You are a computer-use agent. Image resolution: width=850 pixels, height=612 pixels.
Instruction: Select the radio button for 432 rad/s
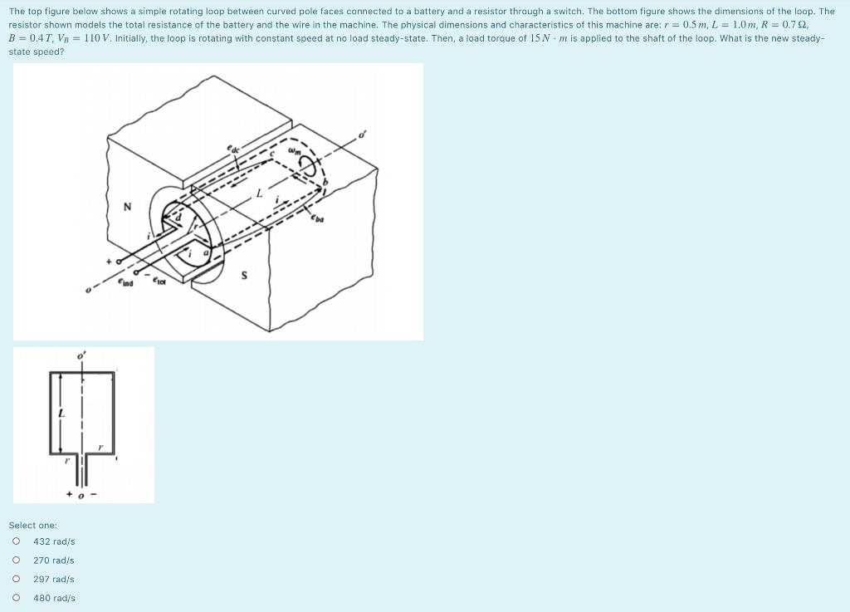[x=15, y=541]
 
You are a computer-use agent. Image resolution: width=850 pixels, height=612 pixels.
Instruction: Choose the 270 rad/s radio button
[x=15, y=561]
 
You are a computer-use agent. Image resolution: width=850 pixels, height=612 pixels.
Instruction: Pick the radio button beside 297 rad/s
[x=15, y=580]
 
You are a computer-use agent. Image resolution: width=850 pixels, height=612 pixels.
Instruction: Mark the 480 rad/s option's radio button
[x=15, y=598]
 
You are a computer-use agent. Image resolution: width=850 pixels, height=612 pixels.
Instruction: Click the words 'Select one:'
[x=32, y=525]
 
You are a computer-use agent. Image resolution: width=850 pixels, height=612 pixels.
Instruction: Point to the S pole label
[x=245, y=276]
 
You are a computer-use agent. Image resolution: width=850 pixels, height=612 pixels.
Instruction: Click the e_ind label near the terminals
[x=126, y=284]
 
